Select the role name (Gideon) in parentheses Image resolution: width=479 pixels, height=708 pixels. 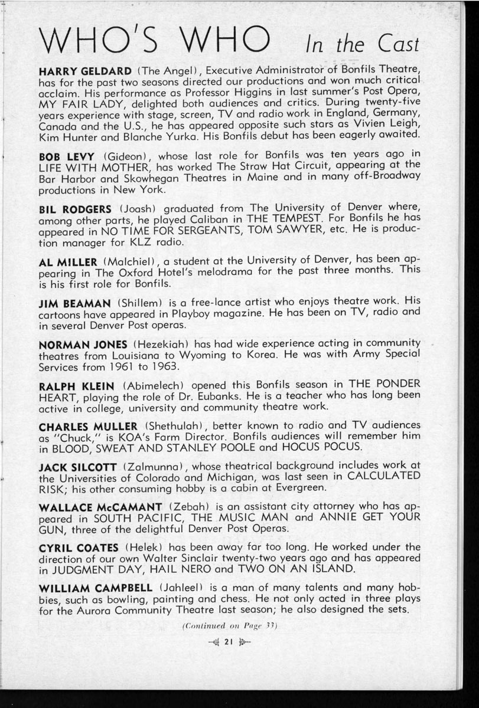point(129,158)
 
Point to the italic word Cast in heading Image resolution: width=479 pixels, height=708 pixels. point(396,44)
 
